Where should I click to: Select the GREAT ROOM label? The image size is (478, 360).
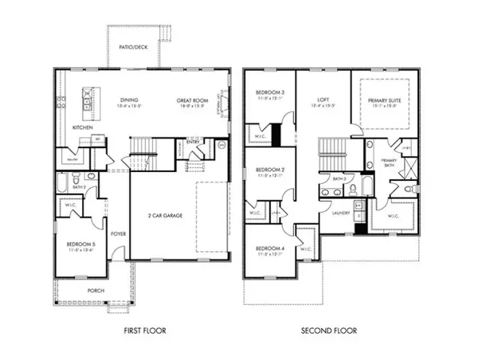coord(192,101)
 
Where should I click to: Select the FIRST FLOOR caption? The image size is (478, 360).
coord(143,330)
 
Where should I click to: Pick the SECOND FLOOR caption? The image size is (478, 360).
coord(328,330)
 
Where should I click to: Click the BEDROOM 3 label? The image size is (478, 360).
coord(270,93)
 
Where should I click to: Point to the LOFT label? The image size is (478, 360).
coord(323,93)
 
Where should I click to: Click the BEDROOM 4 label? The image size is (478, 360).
coord(270,248)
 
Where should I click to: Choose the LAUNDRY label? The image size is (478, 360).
coord(331,213)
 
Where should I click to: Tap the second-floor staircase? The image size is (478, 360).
coord(330,151)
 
